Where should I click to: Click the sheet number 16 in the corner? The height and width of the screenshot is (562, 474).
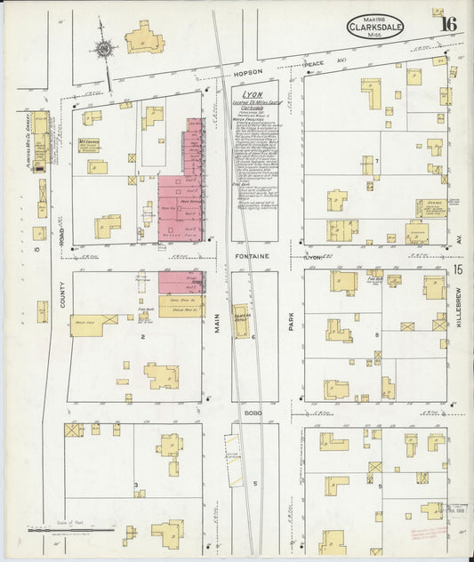447,23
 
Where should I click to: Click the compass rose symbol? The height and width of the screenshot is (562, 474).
105,49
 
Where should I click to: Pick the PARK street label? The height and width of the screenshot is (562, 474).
290,331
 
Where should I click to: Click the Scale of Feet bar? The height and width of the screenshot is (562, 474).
71,530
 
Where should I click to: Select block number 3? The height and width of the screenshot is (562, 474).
135,486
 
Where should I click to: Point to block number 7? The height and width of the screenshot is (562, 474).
377,161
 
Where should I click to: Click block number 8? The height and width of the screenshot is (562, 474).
377,334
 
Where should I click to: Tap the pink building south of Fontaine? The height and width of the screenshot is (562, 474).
181,282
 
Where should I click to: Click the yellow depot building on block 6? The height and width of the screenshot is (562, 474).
241,321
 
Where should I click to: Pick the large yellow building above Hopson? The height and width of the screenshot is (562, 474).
144,38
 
